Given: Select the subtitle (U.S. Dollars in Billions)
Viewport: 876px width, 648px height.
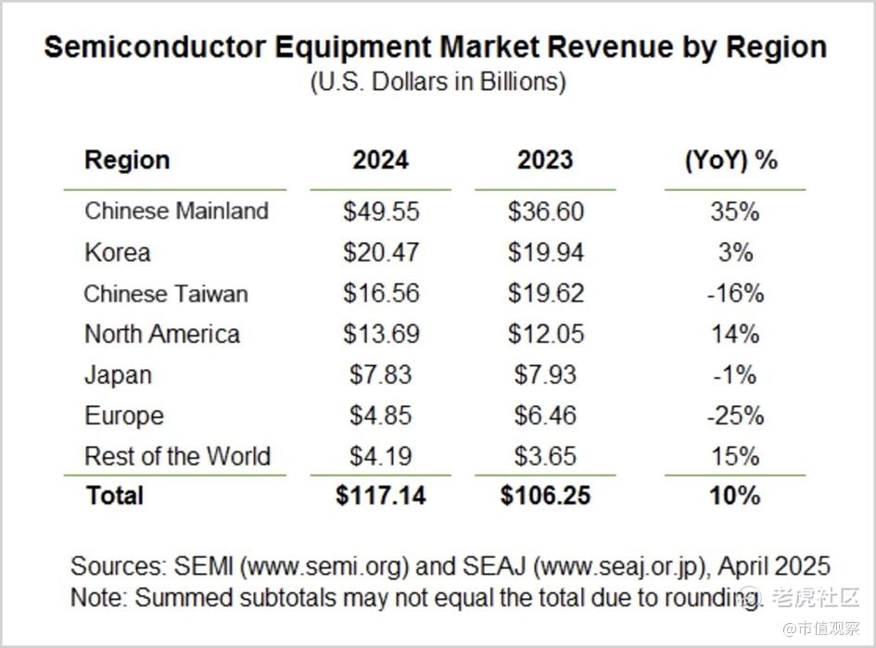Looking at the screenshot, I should (x=438, y=82).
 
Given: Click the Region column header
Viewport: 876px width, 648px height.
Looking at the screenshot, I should (x=127, y=160).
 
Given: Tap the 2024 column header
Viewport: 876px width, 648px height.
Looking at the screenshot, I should (x=380, y=160).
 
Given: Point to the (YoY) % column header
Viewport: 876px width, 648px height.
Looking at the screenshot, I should (x=731, y=160).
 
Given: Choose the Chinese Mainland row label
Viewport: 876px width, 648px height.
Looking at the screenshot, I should (x=176, y=211).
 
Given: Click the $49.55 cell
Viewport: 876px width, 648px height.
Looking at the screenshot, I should (x=381, y=211).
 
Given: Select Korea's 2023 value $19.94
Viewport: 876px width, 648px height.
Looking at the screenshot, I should (x=546, y=252).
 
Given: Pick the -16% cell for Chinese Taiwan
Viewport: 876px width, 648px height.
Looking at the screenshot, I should (x=735, y=294).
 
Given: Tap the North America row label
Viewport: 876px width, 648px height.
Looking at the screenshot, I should (x=162, y=335).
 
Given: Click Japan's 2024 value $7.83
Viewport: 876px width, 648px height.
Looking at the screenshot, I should (x=381, y=375).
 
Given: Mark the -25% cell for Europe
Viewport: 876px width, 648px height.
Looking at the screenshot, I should (x=735, y=415).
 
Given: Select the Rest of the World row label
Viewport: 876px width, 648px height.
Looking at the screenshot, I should (x=177, y=456).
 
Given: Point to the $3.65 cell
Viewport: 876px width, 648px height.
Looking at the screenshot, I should (x=546, y=456).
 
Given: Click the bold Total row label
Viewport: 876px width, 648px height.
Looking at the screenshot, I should (x=115, y=495).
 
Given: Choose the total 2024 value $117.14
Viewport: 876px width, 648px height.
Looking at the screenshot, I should (x=381, y=495).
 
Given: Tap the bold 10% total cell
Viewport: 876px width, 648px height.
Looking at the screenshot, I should (x=735, y=495).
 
